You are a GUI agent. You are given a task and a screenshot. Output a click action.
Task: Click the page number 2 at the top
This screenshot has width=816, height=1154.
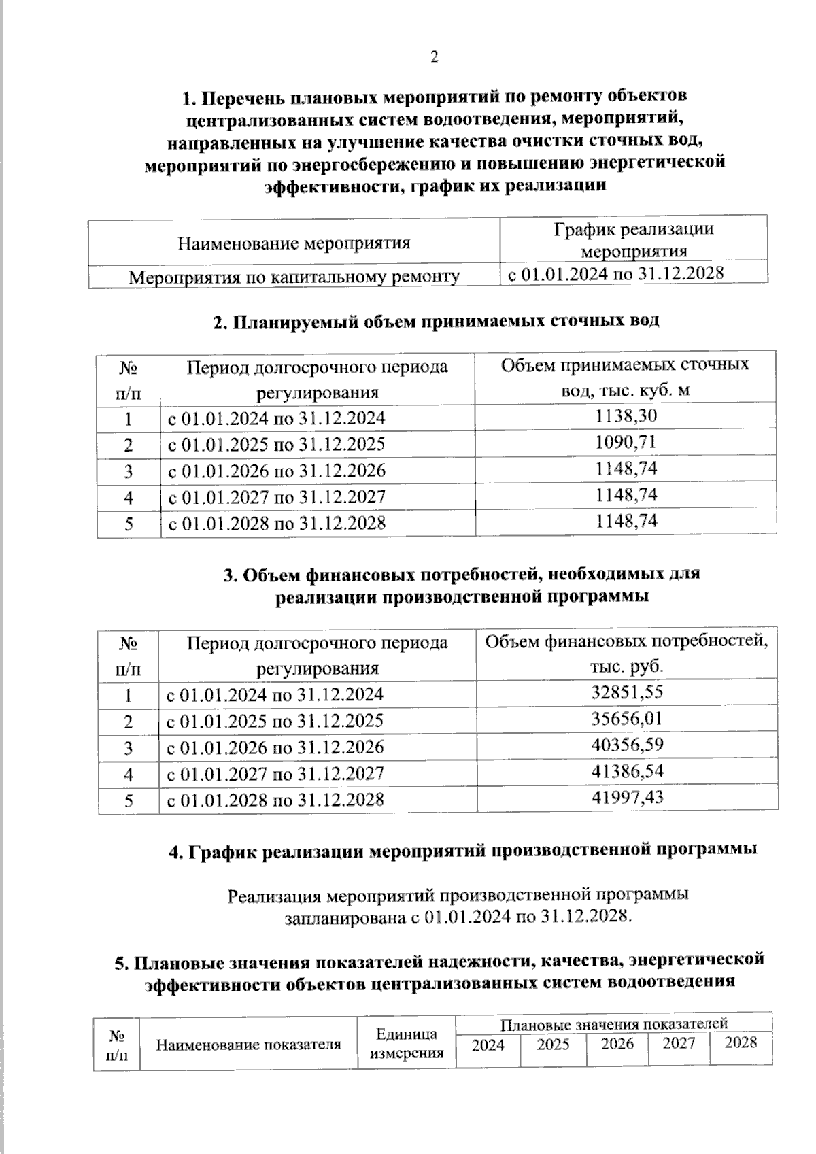pyautogui.click(x=435, y=57)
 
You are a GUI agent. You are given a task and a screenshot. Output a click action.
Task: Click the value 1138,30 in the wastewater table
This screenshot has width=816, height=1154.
pyautogui.click(x=626, y=416)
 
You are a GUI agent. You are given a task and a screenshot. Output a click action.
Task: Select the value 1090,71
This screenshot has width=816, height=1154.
pyautogui.click(x=626, y=443)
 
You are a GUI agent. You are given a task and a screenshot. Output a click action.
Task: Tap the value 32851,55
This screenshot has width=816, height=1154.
pyautogui.click(x=627, y=692)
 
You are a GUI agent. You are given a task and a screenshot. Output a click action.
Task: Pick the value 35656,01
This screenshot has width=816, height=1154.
pyautogui.click(x=627, y=719)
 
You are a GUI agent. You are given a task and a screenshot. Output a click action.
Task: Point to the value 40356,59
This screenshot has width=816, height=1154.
pyautogui.click(x=627, y=745)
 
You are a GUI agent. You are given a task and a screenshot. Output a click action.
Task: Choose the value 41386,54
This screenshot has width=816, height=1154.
pyautogui.click(x=627, y=771)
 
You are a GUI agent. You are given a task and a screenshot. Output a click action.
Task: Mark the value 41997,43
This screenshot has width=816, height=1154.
pyautogui.click(x=627, y=797)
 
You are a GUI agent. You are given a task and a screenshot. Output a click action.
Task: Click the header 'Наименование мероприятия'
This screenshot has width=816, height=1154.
pyautogui.click(x=294, y=243)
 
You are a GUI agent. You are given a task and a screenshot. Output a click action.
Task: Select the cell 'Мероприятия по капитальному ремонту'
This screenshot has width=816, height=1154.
pyautogui.click(x=294, y=277)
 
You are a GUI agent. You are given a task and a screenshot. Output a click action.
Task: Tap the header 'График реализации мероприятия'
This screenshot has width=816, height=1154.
pyautogui.click(x=634, y=239)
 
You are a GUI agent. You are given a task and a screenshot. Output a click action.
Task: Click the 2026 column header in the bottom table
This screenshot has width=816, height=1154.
pyautogui.click(x=617, y=1043)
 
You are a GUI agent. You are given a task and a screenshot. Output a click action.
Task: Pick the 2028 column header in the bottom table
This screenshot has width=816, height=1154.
pyautogui.click(x=741, y=1042)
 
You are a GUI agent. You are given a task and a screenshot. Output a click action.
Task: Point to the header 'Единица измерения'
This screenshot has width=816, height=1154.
pyautogui.click(x=406, y=1043)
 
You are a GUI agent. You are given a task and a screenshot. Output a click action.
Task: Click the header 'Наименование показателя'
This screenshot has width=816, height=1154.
pyautogui.click(x=248, y=1045)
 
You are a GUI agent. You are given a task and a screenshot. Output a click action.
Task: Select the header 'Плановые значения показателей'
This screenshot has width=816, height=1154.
pyautogui.click(x=614, y=1023)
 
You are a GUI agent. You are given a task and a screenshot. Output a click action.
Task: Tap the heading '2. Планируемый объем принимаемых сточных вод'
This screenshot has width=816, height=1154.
pyautogui.click(x=436, y=321)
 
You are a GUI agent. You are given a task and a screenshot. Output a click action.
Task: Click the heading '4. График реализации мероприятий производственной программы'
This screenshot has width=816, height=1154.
pyautogui.click(x=463, y=850)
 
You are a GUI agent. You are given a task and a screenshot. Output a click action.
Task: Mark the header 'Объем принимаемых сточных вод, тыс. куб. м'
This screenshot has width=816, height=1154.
pyautogui.click(x=626, y=377)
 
